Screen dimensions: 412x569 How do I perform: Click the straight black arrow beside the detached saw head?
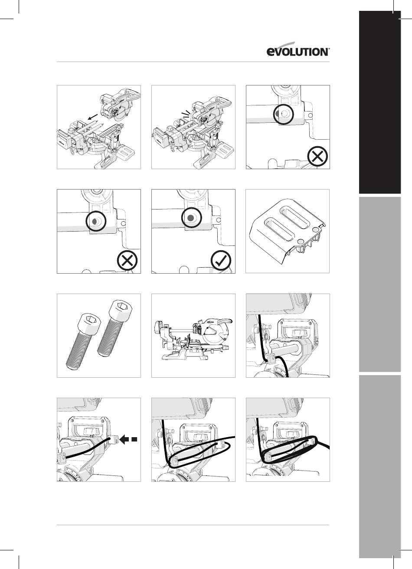click(93, 117)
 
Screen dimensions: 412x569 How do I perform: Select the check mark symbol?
click(221, 261)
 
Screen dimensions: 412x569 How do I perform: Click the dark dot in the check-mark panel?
click(190, 217)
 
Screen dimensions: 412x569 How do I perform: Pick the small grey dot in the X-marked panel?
click(94, 221)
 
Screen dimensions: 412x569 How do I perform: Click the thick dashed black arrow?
click(128, 439)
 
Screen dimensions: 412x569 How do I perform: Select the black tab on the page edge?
click(380, 102)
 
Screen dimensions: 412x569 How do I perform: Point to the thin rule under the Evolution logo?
click(193, 62)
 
